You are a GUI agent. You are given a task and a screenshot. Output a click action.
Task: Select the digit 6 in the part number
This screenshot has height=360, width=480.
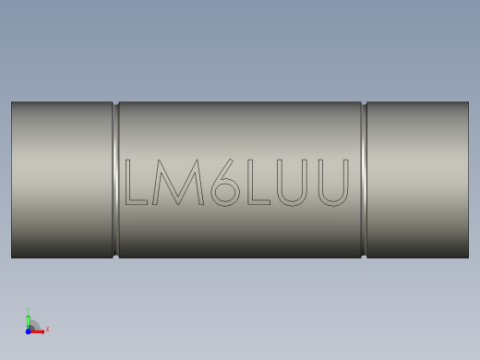point(224,183)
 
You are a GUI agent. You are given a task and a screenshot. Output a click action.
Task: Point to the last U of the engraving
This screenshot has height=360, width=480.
point(333,183)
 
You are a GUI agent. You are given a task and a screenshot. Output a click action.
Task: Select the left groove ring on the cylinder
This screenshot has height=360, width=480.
point(115,180)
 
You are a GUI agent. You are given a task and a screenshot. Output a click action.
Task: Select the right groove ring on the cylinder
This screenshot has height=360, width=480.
point(364,180)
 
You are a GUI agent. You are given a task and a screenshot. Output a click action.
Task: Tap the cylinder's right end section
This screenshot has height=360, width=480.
point(417,180)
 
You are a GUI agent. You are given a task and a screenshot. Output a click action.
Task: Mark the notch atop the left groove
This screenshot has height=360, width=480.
point(115,103)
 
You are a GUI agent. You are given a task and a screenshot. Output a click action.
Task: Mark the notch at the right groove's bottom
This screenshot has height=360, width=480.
point(364,257)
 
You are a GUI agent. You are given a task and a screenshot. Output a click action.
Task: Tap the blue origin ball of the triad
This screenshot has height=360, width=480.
point(28,330)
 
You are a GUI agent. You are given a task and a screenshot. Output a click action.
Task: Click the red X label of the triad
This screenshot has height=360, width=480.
point(47,329)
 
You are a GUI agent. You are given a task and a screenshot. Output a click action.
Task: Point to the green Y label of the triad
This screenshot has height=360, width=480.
point(28,310)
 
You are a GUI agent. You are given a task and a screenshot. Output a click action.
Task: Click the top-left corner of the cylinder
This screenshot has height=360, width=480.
point(12,102)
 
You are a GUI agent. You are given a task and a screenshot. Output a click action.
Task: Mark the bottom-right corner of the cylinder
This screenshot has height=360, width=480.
point(468,258)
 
